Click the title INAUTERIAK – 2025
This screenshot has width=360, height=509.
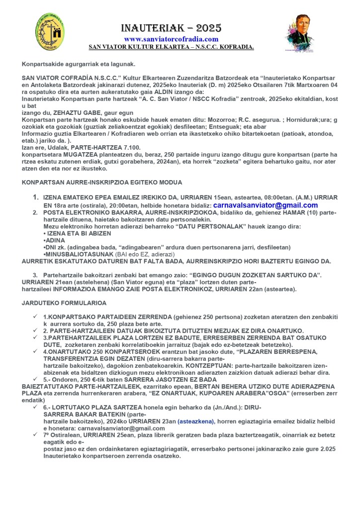click(172, 28)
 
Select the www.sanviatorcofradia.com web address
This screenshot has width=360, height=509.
click(171, 39)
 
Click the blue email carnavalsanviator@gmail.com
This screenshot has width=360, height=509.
click(266, 205)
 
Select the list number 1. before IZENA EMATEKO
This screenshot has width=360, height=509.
click(35, 197)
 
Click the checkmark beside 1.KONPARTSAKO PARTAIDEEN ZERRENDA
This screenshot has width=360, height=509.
click(35, 316)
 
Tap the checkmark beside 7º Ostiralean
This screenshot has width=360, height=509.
click(35, 434)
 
